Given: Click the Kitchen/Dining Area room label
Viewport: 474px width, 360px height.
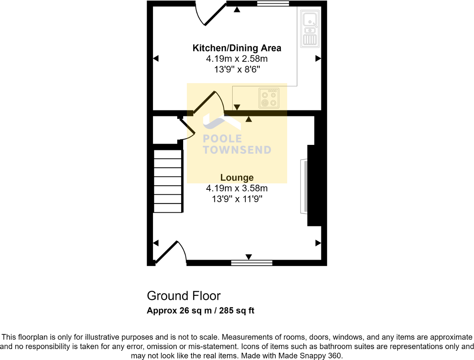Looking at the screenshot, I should [237, 48].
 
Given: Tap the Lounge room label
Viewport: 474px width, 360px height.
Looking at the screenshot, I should [237, 177].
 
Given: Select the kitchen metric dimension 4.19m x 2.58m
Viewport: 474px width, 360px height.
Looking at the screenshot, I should [237, 59].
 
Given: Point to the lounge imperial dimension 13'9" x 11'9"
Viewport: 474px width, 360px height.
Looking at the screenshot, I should [237, 199].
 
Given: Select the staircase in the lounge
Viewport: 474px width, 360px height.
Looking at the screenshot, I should [168, 181].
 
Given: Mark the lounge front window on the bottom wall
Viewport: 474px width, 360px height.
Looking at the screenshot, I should [252, 263].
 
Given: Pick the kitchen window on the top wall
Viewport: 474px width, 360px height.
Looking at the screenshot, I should [273, 4].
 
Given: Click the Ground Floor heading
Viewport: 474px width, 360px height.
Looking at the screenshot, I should [184, 296].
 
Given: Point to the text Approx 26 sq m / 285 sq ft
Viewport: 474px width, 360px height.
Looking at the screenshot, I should [200, 310].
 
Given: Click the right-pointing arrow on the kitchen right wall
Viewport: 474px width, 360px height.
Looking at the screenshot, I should [318, 59].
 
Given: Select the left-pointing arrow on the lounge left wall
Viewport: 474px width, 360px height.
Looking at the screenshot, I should [156, 243].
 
